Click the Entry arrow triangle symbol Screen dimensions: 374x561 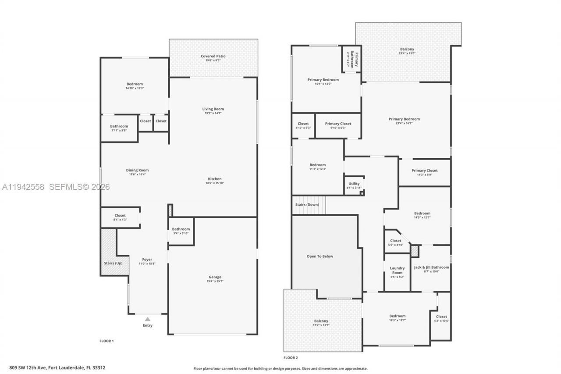[148, 319]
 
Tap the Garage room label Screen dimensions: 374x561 [215, 277]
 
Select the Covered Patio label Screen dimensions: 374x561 [213, 56]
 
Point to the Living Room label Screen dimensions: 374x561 [213, 109]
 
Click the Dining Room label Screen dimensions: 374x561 [138, 170]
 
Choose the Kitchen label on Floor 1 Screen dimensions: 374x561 [215, 179]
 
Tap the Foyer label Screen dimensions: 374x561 [147, 260]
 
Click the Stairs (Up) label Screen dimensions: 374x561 [113, 263]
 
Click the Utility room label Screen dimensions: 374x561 [354, 184]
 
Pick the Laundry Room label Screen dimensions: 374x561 [397, 270]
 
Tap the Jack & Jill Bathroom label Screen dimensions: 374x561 [431, 267]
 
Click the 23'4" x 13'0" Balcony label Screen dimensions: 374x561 [407, 50]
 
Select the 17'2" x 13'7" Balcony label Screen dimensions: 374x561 [321, 321]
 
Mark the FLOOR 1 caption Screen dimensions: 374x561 [107, 341]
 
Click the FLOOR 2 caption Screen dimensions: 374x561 [291, 358]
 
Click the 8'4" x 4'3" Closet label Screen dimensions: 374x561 [120, 216]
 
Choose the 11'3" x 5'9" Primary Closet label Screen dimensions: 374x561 [424, 171]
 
